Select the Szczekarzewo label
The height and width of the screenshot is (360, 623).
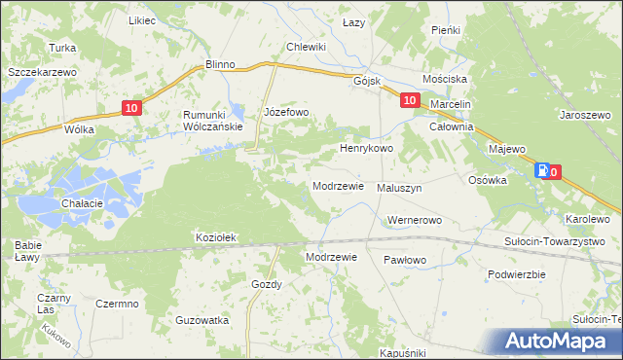pyautogui.click(x=41, y=72)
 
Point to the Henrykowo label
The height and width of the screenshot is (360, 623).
pyautogui.click(x=365, y=149)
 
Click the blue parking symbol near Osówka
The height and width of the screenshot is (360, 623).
pyautogui.click(x=541, y=171)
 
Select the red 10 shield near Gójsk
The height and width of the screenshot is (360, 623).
pyautogui.click(x=409, y=100)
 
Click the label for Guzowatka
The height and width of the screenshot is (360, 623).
pyautogui.click(x=202, y=319)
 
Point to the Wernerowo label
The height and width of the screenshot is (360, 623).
pyautogui.click(x=414, y=220)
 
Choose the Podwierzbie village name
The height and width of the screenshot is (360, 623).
pyautogui.click(x=515, y=274)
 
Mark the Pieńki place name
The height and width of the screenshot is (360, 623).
pyautogui.click(x=445, y=30)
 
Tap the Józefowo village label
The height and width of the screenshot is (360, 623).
pyautogui.click(x=286, y=113)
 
